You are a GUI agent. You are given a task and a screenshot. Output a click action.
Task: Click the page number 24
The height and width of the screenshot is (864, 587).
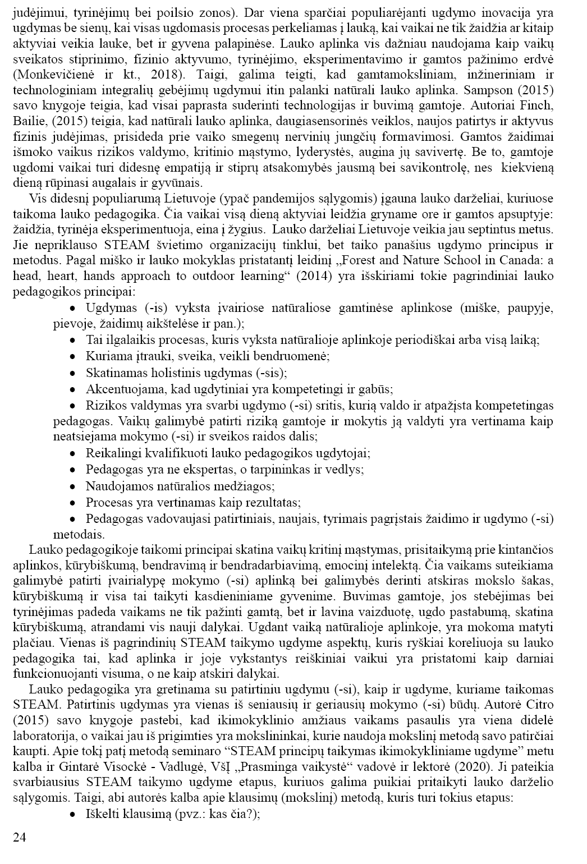[19, 838]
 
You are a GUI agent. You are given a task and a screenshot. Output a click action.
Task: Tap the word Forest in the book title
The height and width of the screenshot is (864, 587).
[368, 261]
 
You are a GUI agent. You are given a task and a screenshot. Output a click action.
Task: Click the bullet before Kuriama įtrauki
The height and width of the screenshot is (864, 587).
[72, 357]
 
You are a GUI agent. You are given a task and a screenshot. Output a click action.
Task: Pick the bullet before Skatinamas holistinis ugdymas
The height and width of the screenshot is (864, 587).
[72, 373]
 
